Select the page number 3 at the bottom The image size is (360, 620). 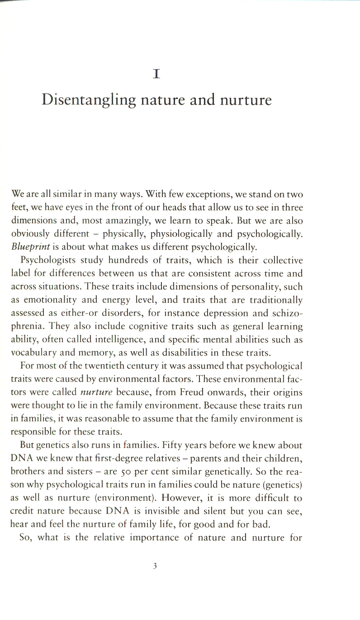(x=155, y=566)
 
